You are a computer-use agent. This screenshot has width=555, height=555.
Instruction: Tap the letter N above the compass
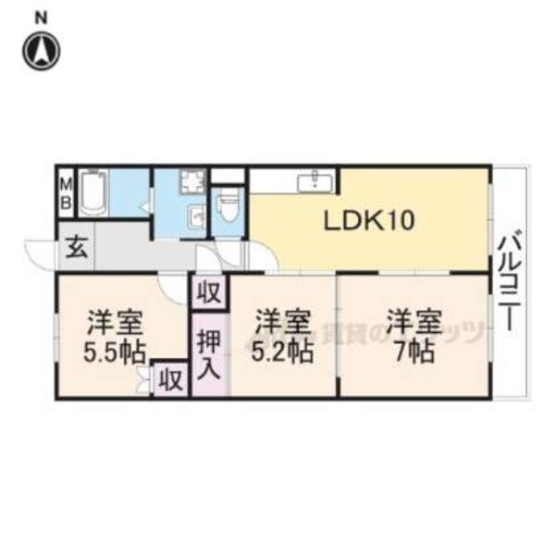pos(41,16)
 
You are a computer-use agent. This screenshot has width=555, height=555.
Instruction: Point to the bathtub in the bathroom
pos(95,194)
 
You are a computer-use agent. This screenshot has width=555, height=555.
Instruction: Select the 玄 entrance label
pos(76,247)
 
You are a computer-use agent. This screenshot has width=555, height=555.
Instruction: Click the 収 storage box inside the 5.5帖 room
pos(170,378)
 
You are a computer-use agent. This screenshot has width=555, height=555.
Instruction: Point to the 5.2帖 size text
pos(281,351)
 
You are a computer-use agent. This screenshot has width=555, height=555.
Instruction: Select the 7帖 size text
pos(412,351)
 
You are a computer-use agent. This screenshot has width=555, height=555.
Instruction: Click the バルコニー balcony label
pos(508,283)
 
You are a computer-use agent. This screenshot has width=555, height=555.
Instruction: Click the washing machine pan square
pos(194,184)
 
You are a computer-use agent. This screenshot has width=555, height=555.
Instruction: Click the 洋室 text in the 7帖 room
pos(412,323)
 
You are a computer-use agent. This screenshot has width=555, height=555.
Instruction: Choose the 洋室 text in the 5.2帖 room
pos(281,323)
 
